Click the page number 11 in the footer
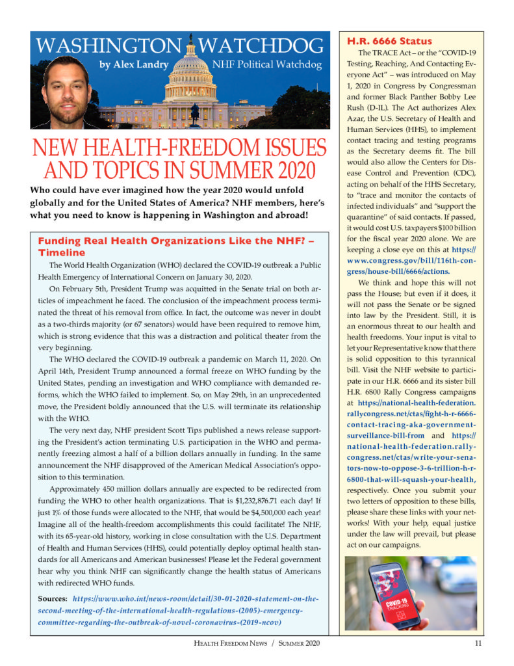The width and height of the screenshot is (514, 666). pyautogui.click(x=478, y=644)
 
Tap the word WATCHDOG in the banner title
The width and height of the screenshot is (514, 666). pyautogui.click(x=261, y=46)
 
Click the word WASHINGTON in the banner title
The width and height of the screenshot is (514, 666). pyautogui.click(x=107, y=46)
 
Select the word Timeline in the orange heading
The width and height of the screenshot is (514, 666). pyautogui.click(x=62, y=252)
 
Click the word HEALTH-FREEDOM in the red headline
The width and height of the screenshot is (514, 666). pyautogui.click(x=182, y=147)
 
